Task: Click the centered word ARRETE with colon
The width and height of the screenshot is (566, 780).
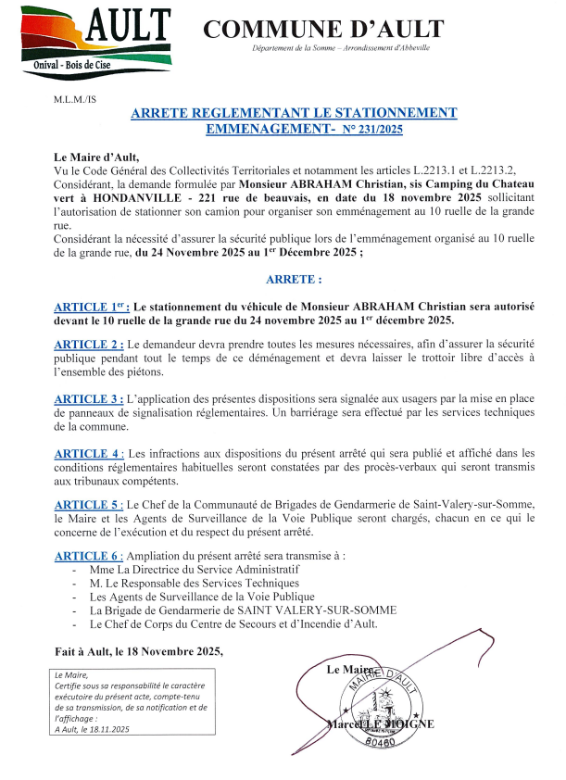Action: click(x=294, y=278)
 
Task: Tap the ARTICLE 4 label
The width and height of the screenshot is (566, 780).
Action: click(x=87, y=453)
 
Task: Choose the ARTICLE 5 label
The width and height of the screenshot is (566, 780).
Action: click(x=87, y=505)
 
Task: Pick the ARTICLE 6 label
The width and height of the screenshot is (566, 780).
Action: click(x=87, y=555)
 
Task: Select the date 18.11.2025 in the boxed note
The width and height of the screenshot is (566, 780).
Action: click(x=107, y=730)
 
